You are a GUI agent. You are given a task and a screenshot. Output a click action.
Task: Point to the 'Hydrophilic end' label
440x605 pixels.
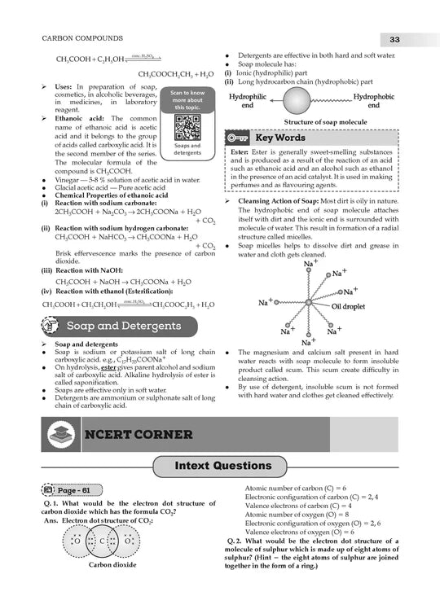pyautogui.click(x=248, y=101)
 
